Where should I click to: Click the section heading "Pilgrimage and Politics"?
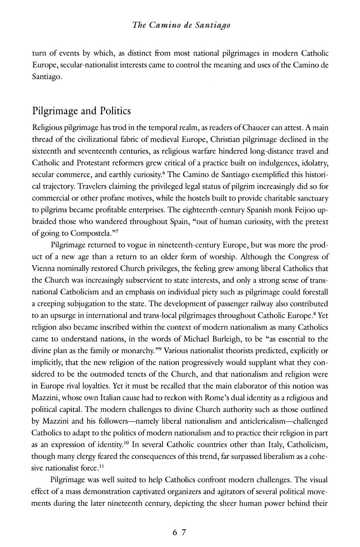pyautogui.click(x=81, y=111)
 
